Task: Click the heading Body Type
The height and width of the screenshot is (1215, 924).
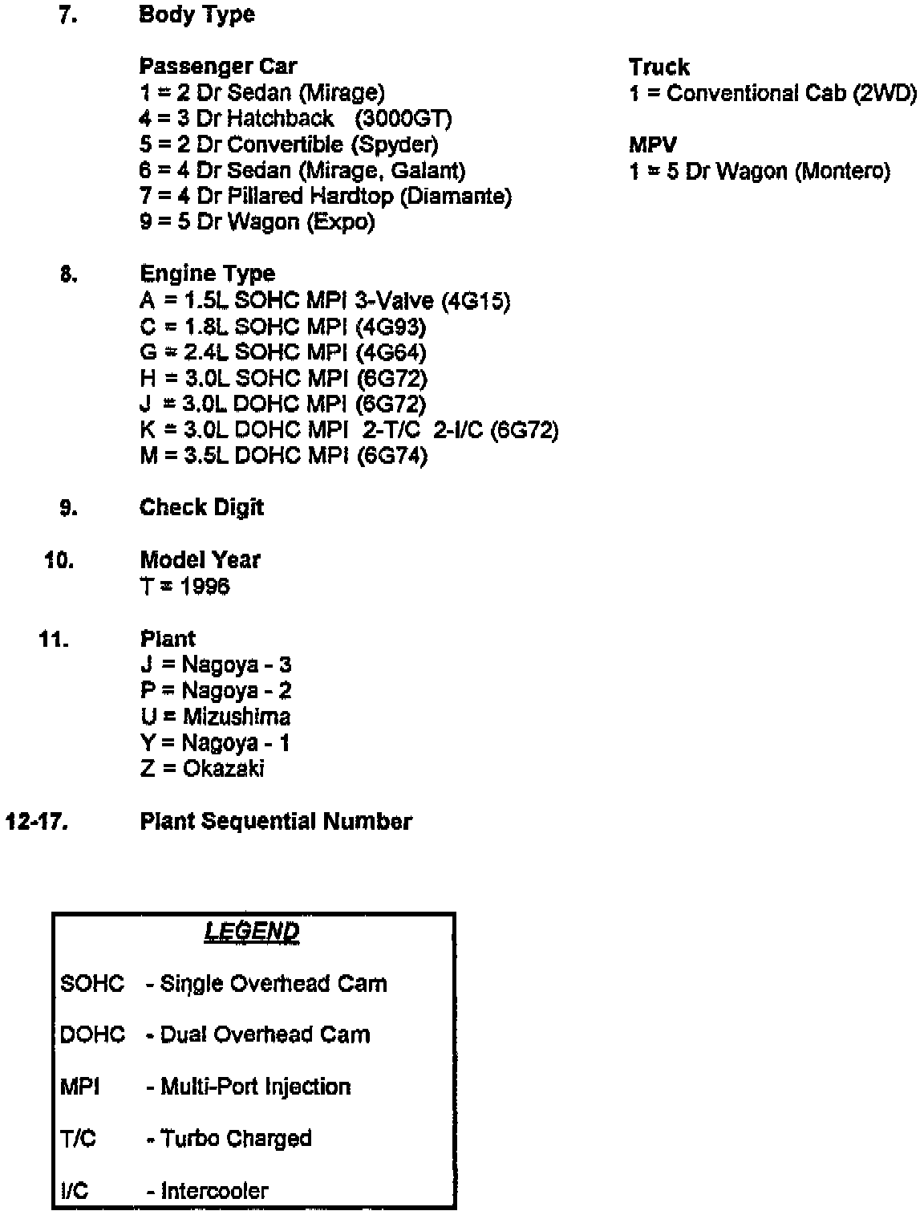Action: coord(197,15)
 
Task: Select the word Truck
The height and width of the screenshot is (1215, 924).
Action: coord(659,67)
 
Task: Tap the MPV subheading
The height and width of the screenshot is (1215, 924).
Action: coord(652,145)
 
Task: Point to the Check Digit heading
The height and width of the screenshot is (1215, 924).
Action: coord(201,508)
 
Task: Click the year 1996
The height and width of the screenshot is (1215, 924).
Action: coord(205,587)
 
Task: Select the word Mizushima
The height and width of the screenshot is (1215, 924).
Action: coord(237,717)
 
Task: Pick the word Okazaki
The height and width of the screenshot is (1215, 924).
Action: coord(224,769)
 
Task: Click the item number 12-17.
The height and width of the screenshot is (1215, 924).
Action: coord(35,822)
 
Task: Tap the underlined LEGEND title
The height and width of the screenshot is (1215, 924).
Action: coord(252,932)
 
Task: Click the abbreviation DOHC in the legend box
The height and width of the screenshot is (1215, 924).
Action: coord(92,1035)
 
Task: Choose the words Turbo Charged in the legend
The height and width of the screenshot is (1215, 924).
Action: coord(237,1139)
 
